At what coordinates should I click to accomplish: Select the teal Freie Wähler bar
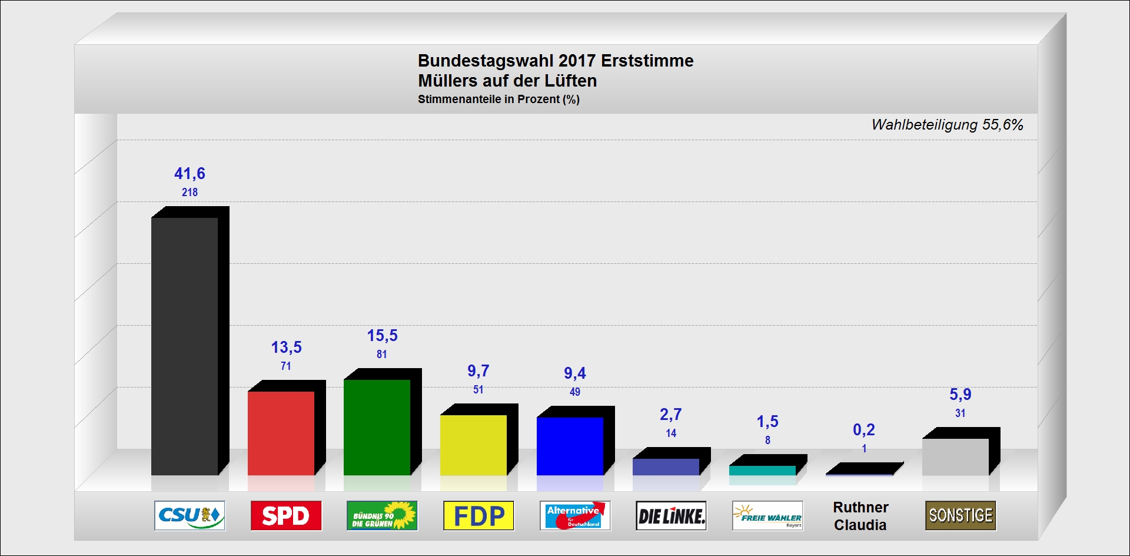[x=762, y=471]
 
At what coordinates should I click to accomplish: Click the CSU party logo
[x=190, y=516]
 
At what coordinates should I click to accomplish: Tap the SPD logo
[x=286, y=516]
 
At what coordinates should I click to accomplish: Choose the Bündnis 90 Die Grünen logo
[x=382, y=516]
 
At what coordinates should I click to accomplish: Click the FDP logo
[x=478, y=516]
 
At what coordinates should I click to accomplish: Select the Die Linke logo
[x=671, y=516]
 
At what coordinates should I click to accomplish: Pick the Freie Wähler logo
[x=767, y=516]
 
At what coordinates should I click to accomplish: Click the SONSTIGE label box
[x=960, y=516]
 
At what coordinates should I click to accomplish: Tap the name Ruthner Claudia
[x=860, y=516]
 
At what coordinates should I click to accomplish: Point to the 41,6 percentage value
[x=190, y=174]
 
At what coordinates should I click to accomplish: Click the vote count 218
[x=190, y=193]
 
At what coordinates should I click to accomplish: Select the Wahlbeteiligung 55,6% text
[x=947, y=125]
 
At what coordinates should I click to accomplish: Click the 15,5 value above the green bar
[x=383, y=336]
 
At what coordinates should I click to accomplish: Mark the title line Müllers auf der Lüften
[x=507, y=81]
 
